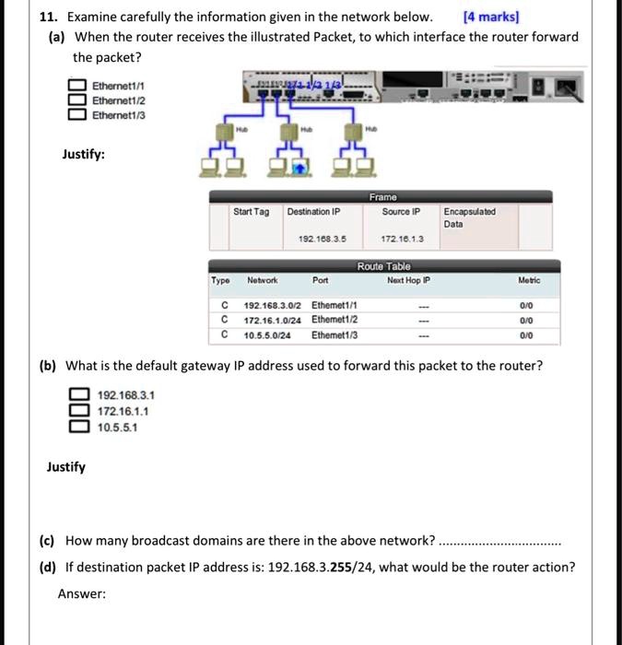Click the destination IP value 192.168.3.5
coord(315,239)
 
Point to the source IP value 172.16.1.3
coord(401,239)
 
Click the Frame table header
coord(381,196)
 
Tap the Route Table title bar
coord(383,265)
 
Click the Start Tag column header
coord(251,212)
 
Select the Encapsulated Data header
coord(468,217)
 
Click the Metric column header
coord(529,279)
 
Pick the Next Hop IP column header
coord(409,279)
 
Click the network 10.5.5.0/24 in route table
coord(267,334)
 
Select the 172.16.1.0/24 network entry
coord(273,320)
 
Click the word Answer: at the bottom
coord(82,594)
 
